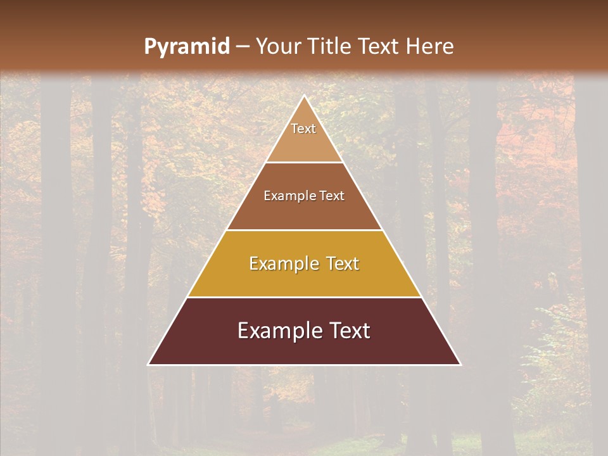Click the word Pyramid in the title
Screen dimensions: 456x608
coord(187,47)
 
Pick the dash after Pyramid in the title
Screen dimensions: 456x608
coord(243,47)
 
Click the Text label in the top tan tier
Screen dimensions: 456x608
coord(303,129)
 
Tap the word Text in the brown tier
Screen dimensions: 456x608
coord(332,196)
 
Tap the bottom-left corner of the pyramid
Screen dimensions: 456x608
coord(149,364)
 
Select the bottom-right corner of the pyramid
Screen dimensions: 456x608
coord(460,364)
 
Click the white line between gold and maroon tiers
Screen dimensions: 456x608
coord(305,297)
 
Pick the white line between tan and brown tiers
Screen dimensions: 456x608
coord(305,163)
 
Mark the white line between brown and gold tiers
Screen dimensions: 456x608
coord(305,230)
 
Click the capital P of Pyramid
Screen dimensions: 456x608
coord(150,47)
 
